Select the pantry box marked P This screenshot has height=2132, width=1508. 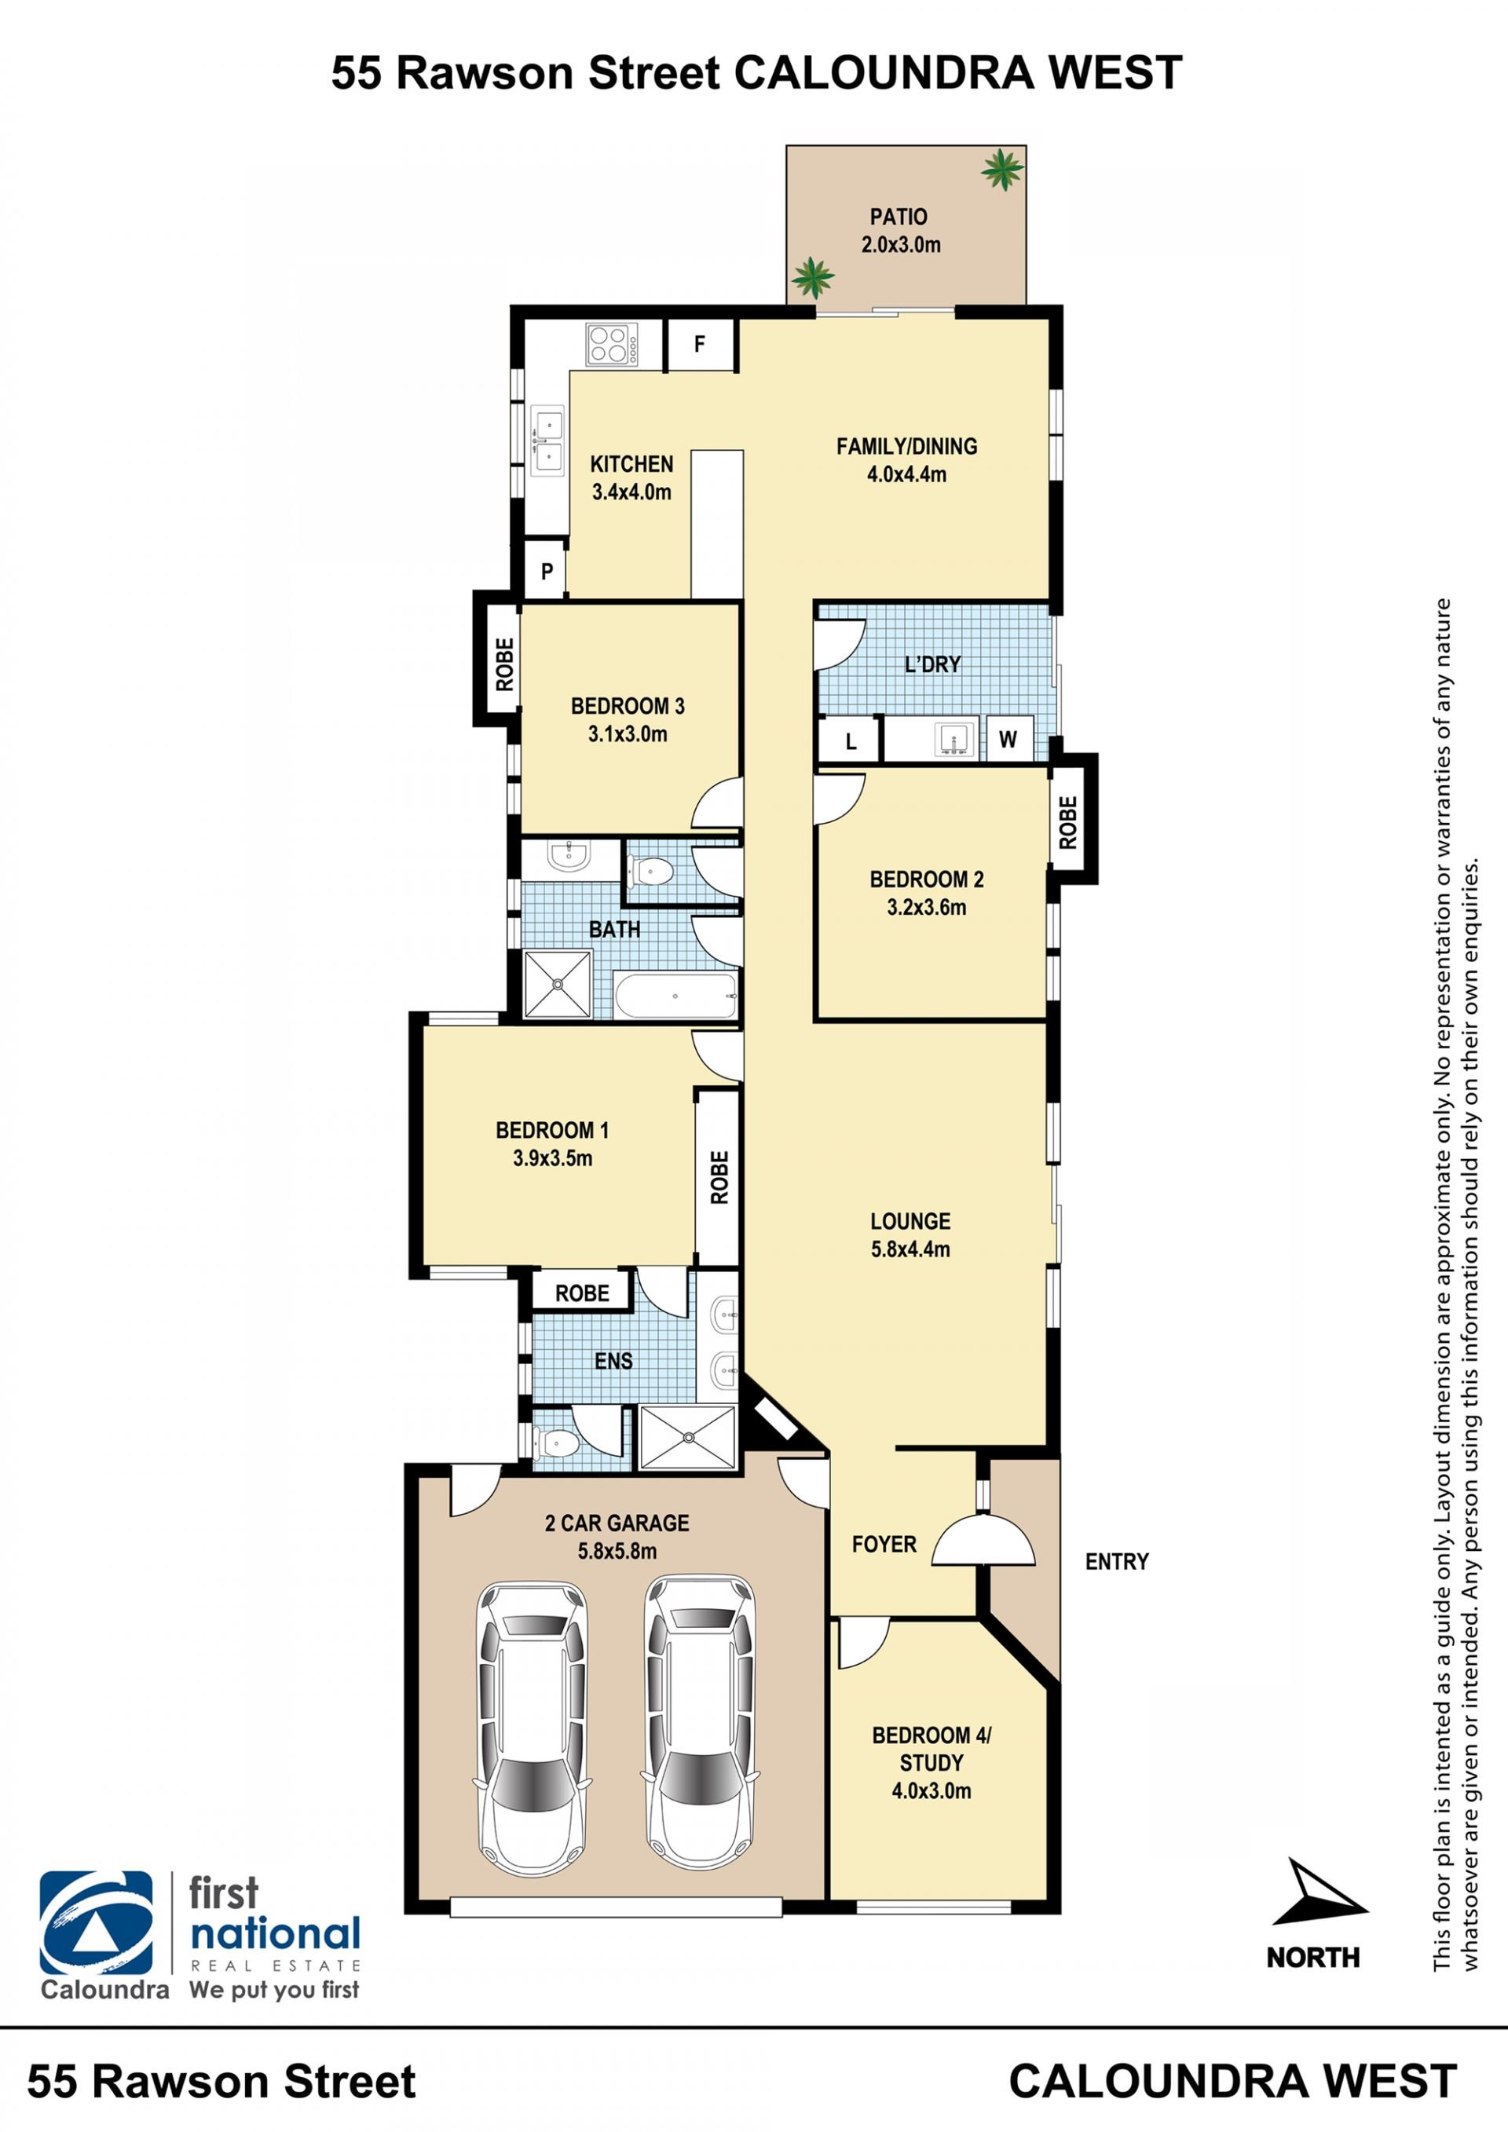click(546, 570)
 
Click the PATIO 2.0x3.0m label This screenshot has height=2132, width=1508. click(899, 230)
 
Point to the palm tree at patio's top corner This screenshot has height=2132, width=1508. click(1002, 170)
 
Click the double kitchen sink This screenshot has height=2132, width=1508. click(548, 441)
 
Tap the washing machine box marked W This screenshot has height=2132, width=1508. click(1008, 739)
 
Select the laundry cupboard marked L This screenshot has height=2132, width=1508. click(850, 740)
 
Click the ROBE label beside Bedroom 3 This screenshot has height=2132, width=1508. click(504, 664)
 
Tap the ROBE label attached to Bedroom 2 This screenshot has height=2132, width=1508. click(1068, 822)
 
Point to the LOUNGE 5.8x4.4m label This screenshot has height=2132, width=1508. click(910, 1234)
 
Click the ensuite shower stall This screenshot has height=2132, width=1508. click(688, 1437)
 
